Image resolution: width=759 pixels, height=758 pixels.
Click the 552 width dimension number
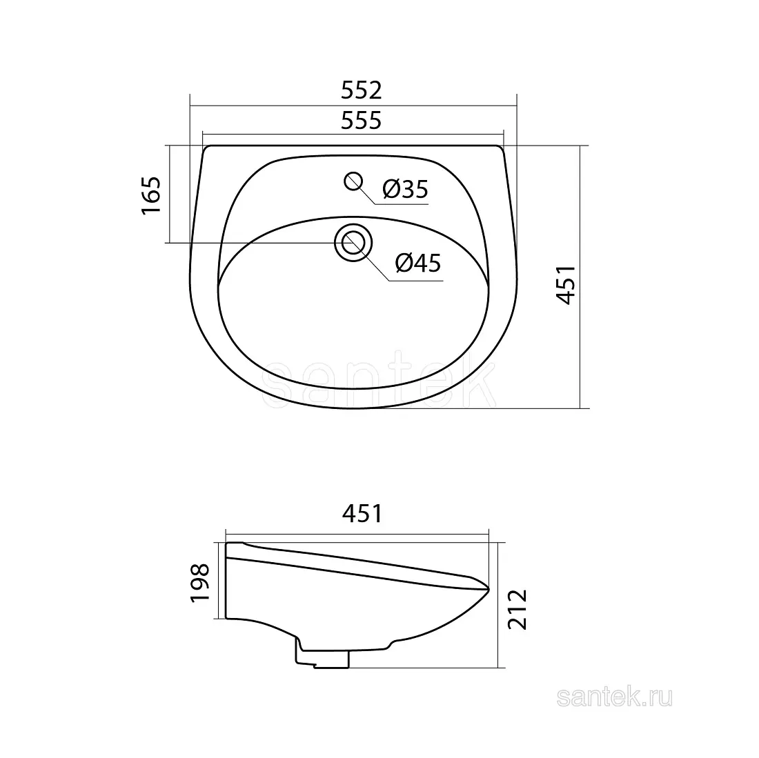(x=361, y=90)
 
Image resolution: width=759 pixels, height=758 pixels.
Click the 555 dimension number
(x=361, y=121)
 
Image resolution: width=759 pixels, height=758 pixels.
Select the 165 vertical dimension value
(x=151, y=195)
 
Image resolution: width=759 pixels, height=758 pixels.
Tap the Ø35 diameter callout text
(x=405, y=189)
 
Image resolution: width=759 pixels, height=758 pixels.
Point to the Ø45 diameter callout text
(x=418, y=263)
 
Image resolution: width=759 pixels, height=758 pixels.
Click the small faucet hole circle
(x=354, y=181)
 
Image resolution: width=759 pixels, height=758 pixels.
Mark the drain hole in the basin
(x=353, y=243)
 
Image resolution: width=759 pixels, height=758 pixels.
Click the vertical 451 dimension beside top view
(x=566, y=285)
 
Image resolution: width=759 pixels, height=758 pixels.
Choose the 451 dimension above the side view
(x=362, y=513)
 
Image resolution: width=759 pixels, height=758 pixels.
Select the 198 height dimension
(x=200, y=582)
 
